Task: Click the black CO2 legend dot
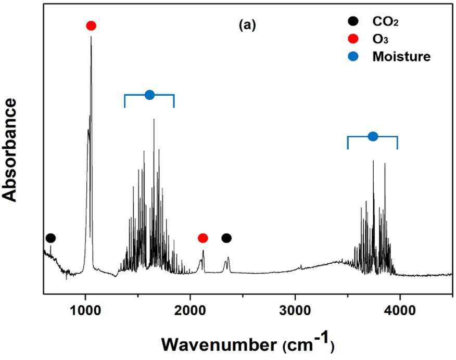353,21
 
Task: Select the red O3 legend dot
353,38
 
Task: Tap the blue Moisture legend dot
353,56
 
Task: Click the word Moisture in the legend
401,56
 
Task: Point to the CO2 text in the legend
385,21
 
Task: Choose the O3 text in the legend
381,39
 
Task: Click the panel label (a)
247,25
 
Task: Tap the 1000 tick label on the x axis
85,311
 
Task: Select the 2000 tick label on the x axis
190,311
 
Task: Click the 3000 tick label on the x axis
295,311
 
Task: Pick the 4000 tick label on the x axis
400,311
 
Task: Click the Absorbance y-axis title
9,150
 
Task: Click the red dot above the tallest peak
91,25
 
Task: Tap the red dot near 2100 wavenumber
202,238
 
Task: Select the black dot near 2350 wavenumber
226,238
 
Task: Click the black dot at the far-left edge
50,238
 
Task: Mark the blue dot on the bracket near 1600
149,95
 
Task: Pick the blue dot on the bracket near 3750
373,136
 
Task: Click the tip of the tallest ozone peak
91,36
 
